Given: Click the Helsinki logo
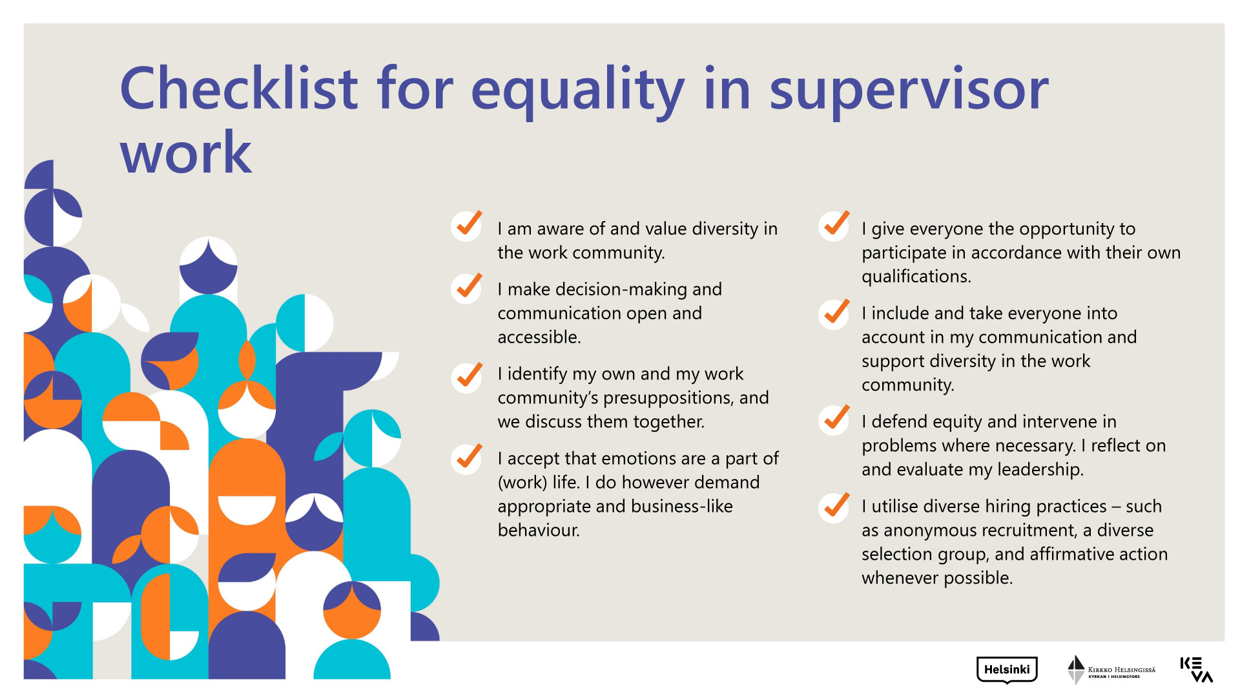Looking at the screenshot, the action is [1007, 670].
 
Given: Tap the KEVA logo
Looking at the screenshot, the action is [1196, 670].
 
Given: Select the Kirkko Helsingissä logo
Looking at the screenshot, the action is [1111, 670].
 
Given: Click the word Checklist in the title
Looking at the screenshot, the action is [239, 88].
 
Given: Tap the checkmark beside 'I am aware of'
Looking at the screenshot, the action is [467, 225].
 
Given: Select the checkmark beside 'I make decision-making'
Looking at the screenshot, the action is [467, 287].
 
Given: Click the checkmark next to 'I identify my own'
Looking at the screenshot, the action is [467, 376].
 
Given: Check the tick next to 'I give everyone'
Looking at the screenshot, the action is [834, 225].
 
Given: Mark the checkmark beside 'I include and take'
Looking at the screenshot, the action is [834, 313].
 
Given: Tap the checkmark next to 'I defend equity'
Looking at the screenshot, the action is [834, 419].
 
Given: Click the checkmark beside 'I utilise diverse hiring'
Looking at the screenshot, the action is [834, 507].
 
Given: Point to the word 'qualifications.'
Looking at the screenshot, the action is [916, 277].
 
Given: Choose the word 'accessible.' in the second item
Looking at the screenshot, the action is [539, 337].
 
